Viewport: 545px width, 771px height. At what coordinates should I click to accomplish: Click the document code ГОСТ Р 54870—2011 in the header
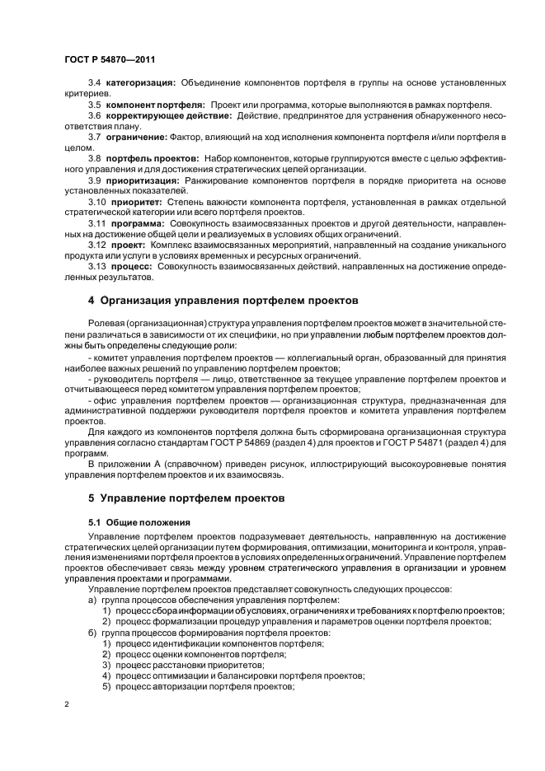pos(110,59)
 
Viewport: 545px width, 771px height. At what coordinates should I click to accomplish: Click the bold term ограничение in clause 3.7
pos(137,136)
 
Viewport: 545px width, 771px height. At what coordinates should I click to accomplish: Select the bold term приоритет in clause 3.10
pos(137,200)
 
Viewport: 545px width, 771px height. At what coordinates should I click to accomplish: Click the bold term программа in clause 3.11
pos(139,222)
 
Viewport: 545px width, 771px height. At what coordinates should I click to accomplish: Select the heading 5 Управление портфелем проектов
pos(186,498)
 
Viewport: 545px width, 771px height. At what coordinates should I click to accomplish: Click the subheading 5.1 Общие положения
pos(139,522)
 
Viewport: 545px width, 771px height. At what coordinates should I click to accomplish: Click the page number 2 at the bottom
pos(66,703)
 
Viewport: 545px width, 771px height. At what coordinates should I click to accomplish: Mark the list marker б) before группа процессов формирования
pos(92,631)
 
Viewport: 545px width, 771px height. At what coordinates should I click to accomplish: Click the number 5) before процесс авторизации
pos(107,685)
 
